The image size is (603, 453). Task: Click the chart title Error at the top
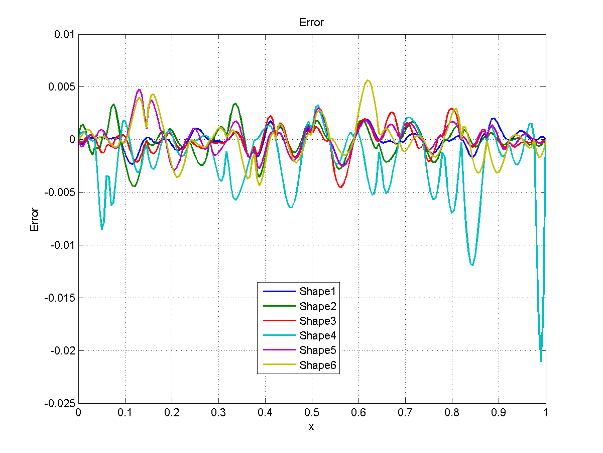click(311, 23)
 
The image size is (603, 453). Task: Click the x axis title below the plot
click(311, 427)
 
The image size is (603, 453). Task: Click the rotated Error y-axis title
click(35, 219)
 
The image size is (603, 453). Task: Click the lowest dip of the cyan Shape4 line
click(541, 360)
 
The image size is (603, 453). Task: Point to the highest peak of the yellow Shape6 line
click(368, 80)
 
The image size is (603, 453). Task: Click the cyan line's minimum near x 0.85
click(472, 265)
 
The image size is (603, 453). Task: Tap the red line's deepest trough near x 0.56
click(341, 188)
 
